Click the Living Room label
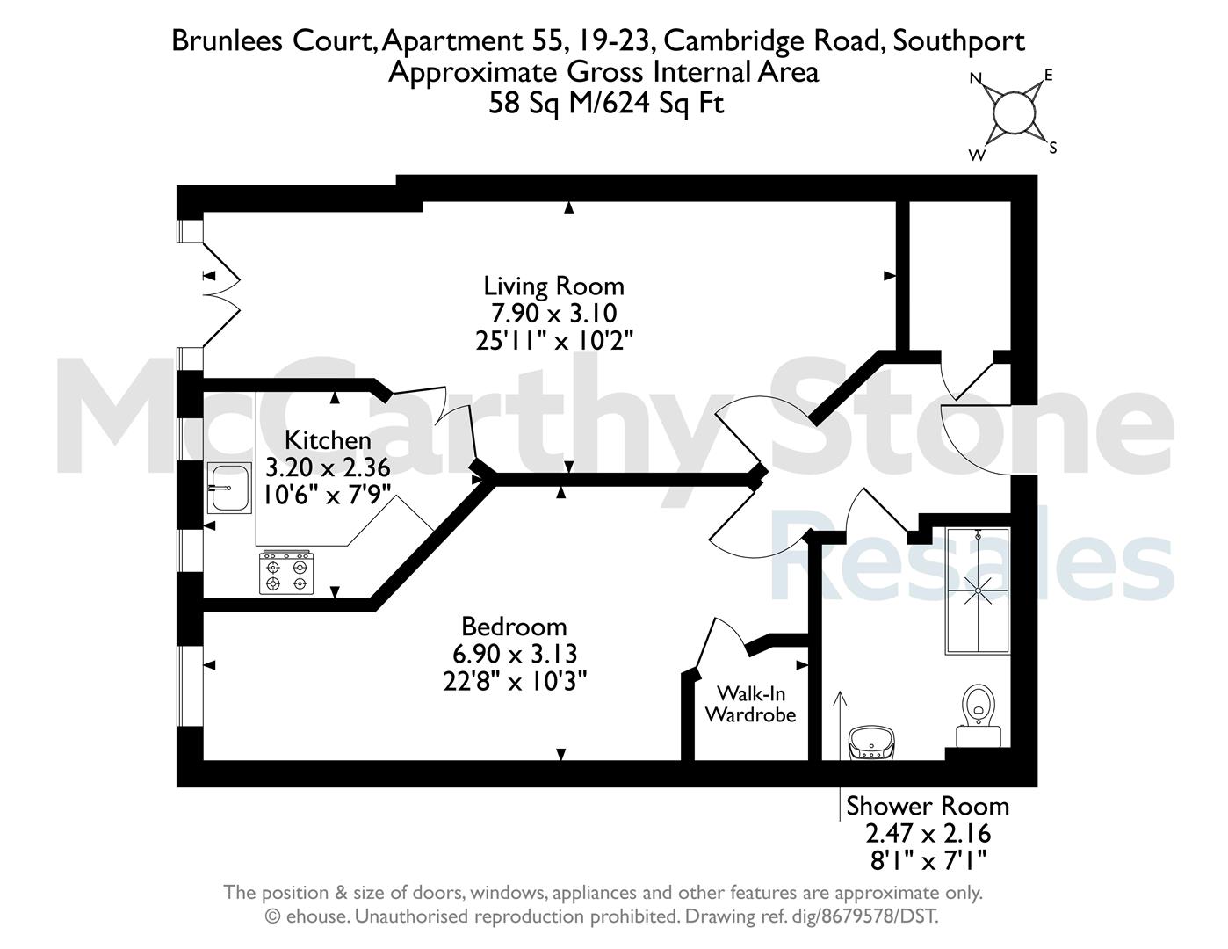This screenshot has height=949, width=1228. pyautogui.click(x=553, y=286)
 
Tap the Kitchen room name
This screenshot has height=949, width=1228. pyautogui.click(x=328, y=440)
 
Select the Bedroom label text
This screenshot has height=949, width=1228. pyautogui.click(x=514, y=627)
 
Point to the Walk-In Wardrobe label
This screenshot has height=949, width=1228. pyautogui.click(x=750, y=704)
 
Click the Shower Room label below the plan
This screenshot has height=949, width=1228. pyautogui.click(x=928, y=807)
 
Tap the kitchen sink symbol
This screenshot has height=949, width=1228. pyautogui.click(x=229, y=488)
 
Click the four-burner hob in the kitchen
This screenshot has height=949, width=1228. pyautogui.click(x=286, y=573)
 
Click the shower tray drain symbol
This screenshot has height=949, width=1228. pyautogui.click(x=978, y=590)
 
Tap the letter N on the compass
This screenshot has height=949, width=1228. pyautogui.click(x=975, y=78)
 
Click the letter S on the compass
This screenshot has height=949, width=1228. pyautogui.click(x=1053, y=148)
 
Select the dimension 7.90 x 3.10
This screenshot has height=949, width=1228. pyautogui.click(x=553, y=313)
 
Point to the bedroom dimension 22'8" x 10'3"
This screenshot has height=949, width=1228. pyautogui.click(x=515, y=681)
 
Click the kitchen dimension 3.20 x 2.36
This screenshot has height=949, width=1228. pyautogui.click(x=328, y=468)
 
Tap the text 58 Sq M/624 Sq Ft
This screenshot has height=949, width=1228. pyautogui.click(x=606, y=104)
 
